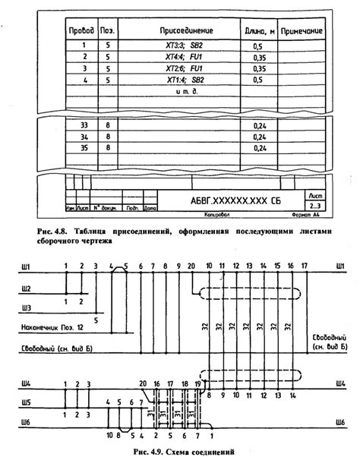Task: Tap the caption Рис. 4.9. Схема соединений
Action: (x=179, y=451)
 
